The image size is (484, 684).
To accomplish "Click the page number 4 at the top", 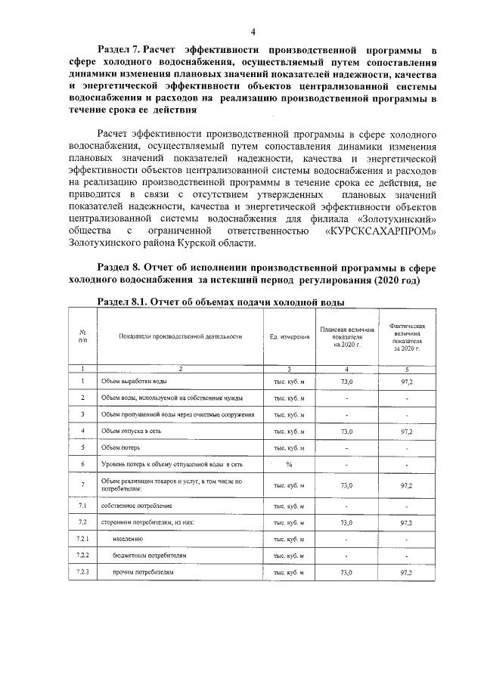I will pyautogui.click(x=253, y=31).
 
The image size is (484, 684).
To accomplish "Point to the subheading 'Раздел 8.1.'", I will pyautogui.click(x=122, y=302).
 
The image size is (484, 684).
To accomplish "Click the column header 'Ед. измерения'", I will pyautogui.click(x=289, y=336).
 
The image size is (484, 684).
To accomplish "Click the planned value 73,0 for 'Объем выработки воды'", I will pyautogui.click(x=347, y=383).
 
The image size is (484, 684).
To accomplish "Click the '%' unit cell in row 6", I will pyautogui.click(x=289, y=463).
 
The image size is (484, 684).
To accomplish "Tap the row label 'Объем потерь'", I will pyautogui.click(x=121, y=447).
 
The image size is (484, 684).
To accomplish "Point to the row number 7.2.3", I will pyautogui.click(x=82, y=572).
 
